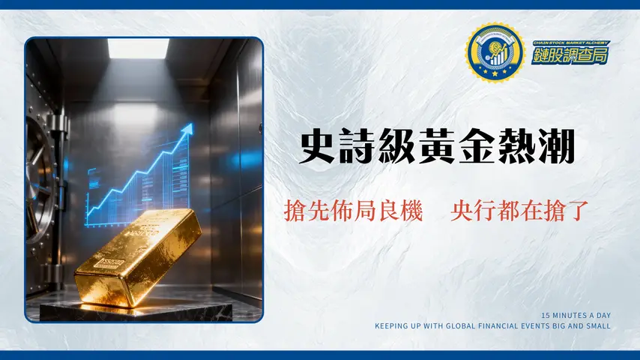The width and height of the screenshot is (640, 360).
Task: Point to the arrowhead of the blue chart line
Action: (x=188, y=128)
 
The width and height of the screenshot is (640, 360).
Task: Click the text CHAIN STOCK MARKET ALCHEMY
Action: (x=570, y=43)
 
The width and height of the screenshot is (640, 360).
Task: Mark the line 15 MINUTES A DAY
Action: (x=576, y=315)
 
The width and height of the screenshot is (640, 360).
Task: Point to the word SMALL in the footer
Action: (x=597, y=326)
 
